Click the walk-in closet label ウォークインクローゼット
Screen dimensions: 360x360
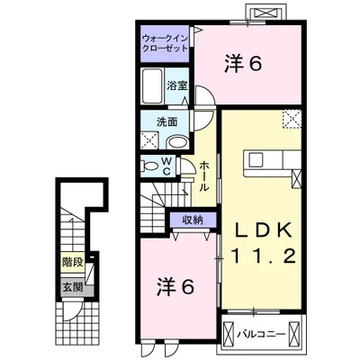click(165, 44)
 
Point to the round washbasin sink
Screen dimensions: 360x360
click(177, 140)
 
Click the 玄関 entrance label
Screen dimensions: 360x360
click(71, 287)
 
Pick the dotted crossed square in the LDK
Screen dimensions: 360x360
click(292, 121)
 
